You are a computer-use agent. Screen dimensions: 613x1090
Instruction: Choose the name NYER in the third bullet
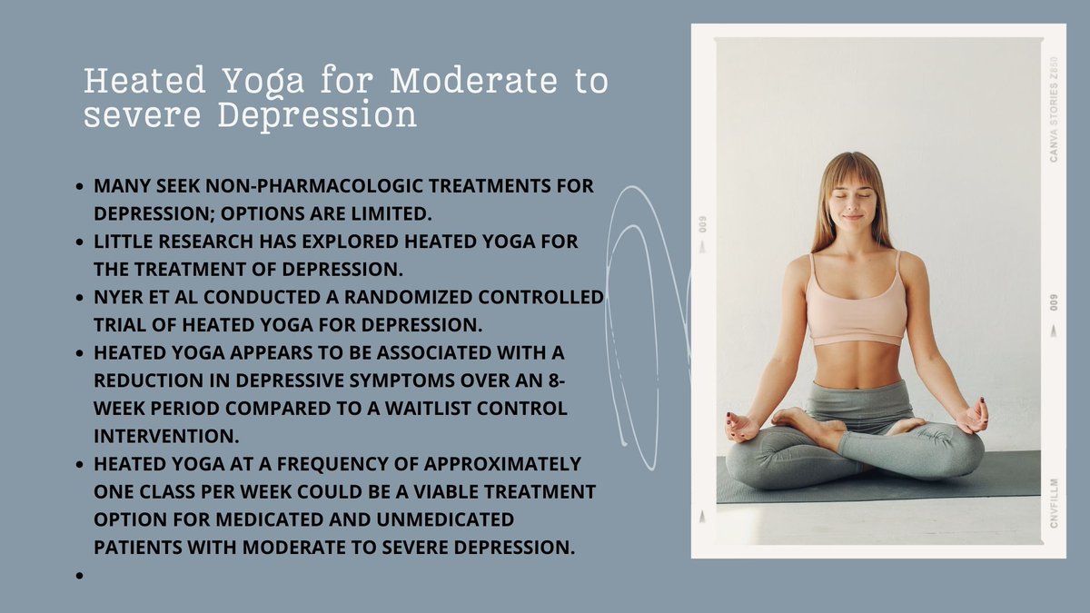[x=118, y=297]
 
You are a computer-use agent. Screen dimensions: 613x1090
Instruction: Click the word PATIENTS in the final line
[x=139, y=547]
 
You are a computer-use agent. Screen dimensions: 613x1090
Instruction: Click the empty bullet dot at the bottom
[x=81, y=575]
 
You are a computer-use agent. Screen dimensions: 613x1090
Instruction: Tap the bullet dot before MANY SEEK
[x=81, y=186]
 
